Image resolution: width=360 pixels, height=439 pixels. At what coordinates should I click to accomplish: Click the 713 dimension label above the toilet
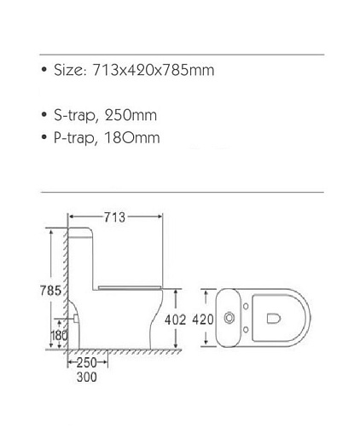(x=114, y=217)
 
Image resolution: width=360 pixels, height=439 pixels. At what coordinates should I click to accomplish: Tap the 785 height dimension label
(x=50, y=291)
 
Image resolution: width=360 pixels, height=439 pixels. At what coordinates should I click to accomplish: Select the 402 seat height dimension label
(x=175, y=320)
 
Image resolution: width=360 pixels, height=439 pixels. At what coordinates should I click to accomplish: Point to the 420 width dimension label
(x=203, y=320)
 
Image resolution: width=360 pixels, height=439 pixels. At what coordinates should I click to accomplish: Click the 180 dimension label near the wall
(x=59, y=336)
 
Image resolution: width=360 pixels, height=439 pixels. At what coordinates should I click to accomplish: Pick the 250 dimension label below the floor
(x=87, y=362)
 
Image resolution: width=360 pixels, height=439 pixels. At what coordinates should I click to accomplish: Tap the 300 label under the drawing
(x=87, y=377)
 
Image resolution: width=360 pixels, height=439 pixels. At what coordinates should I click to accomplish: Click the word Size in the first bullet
(x=70, y=70)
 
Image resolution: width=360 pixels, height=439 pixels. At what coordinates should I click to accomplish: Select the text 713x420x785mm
(x=154, y=70)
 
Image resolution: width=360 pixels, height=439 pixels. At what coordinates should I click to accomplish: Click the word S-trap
(x=74, y=116)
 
